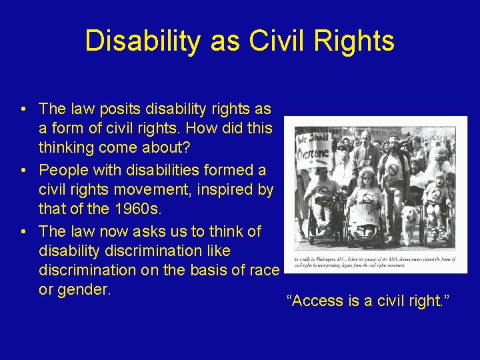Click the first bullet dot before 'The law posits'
tap(23, 109)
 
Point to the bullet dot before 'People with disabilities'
tap(23, 171)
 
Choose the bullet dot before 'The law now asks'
tap(23, 232)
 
